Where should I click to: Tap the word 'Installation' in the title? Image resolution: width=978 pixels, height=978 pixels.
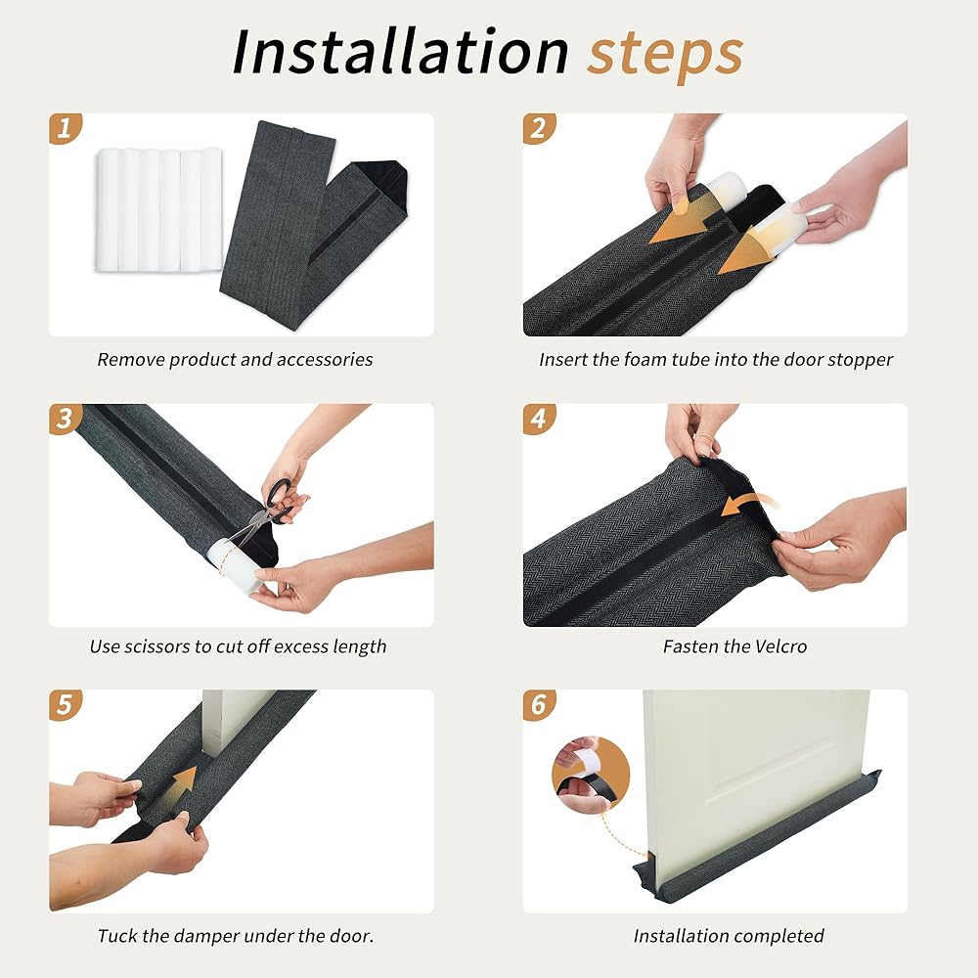[x=400, y=51]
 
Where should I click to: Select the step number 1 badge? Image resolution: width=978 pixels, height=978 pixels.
[x=65, y=128]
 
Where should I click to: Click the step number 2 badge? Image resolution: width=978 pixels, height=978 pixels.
[x=539, y=128]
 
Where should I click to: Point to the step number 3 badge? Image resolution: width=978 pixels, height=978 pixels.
[x=65, y=419]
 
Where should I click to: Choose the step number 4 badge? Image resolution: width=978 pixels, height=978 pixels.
[x=539, y=419]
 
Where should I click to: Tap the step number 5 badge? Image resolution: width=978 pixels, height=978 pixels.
[x=65, y=705]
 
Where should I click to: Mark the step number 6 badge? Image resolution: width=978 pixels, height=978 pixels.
[x=539, y=705]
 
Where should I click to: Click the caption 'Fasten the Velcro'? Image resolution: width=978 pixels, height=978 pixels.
[x=734, y=646]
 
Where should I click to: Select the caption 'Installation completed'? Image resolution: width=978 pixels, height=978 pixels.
[x=729, y=936]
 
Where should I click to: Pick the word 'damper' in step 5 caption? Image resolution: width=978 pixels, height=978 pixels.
[x=206, y=937]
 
